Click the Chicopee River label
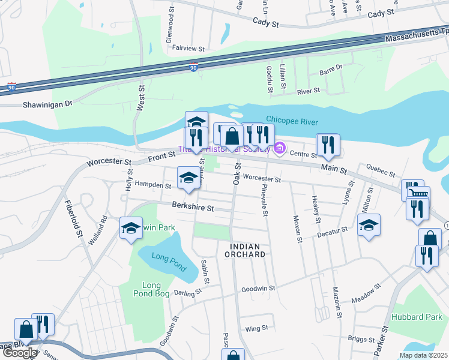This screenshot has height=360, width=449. point(292,122)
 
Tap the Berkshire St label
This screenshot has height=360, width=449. point(193,208)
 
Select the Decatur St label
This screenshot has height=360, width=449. point(333,230)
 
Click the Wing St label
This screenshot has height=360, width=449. point(256,329)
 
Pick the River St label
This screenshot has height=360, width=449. point(309,92)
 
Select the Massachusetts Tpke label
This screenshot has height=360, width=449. point(415,37)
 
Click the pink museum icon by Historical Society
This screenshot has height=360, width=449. point(279,148)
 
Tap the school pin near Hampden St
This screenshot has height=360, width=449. point(188,177)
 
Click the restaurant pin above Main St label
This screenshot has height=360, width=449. point(328,144)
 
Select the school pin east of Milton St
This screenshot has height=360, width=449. point(369,225)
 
